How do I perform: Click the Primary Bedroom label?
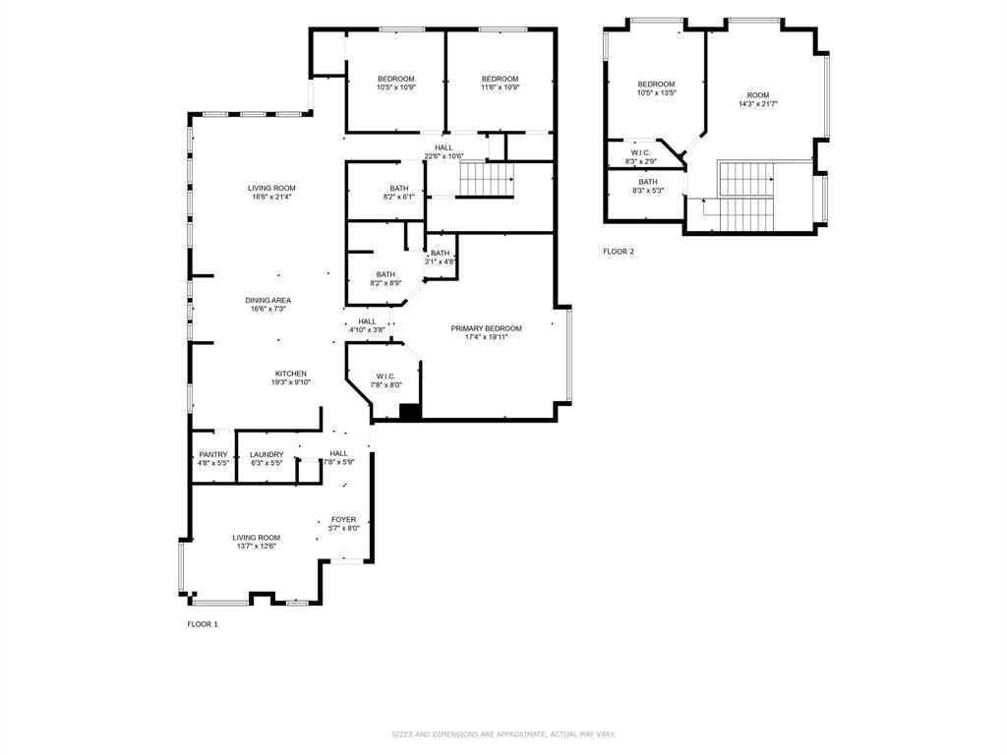(x=486, y=328)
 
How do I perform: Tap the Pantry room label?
(x=212, y=455)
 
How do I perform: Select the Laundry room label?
(x=266, y=455)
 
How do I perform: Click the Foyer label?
(x=343, y=519)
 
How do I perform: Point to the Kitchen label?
(x=290, y=374)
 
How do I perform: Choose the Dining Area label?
(x=268, y=300)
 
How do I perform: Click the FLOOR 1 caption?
(x=203, y=624)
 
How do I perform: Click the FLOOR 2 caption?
(x=619, y=252)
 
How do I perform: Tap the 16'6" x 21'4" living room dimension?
(x=270, y=197)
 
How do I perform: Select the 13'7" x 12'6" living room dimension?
(x=256, y=546)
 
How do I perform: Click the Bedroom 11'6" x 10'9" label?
(x=500, y=79)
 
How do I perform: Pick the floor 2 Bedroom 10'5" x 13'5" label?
(x=656, y=85)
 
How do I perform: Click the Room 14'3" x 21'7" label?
(x=758, y=94)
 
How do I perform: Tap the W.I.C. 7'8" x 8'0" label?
(x=385, y=377)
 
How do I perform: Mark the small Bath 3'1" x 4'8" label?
(x=440, y=254)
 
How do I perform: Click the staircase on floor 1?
(x=488, y=179)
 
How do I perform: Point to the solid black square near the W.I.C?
(x=410, y=412)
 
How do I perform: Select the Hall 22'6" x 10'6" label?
(x=444, y=147)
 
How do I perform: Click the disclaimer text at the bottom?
(x=503, y=734)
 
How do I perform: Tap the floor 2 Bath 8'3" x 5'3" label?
(x=648, y=182)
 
